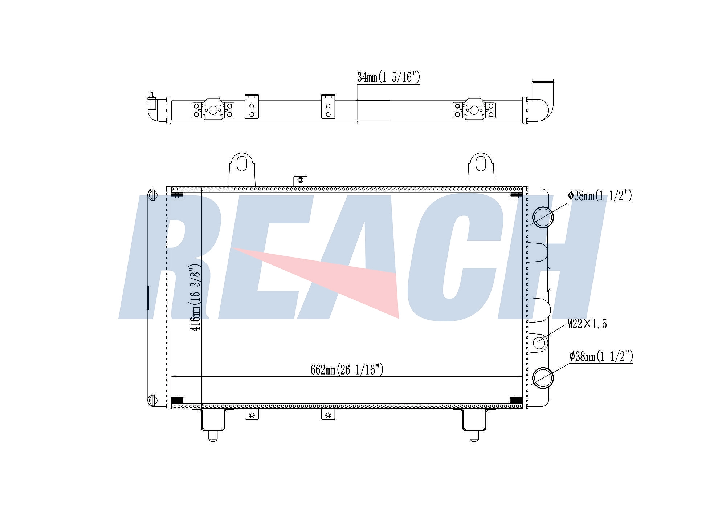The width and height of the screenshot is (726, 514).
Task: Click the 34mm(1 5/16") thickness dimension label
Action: point(388,77)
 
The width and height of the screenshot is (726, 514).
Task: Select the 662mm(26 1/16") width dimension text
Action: point(347,370)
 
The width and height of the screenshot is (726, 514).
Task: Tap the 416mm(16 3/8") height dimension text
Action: point(195,298)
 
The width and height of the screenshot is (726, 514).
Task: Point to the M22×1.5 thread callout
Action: point(587,324)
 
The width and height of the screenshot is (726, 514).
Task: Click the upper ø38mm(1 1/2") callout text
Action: point(600,196)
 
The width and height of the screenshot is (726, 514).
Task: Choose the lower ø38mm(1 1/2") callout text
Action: point(601,356)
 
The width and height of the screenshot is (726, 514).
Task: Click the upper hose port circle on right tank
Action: point(543,217)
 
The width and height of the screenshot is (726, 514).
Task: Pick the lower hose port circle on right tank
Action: point(543,378)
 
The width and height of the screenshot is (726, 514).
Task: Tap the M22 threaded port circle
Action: point(539,343)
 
